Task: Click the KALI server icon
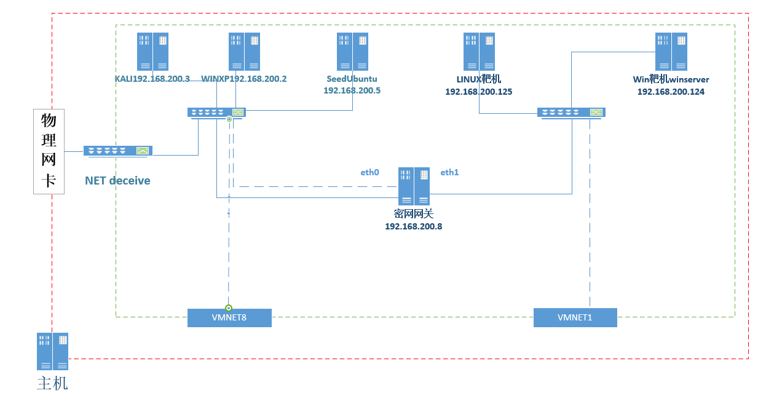[x=152, y=52]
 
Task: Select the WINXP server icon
[x=245, y=52]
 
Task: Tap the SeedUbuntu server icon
[x=352, y=52]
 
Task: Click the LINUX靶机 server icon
[x=479, y=52]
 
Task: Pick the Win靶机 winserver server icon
[x=671, y=52]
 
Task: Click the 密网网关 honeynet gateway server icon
[x=414, y=186]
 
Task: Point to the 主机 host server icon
[x=52, y=351]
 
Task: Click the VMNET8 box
[x=229, y=318]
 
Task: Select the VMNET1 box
[x=575, y=318]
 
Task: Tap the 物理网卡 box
[x=49, y=151]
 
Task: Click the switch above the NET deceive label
[x=118, y=151]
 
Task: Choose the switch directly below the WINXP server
[x=216, y=113]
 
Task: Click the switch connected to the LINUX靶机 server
[x=571, y=113]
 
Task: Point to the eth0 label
[x=369, y=173]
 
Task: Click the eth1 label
[x=449, y=173]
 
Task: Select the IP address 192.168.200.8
[x=413, y=226]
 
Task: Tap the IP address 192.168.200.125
[x=479, y=92]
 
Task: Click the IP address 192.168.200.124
[x=671, y=92]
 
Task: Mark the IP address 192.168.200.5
[x=352, y=90]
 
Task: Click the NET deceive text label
[x=117, y=181]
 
